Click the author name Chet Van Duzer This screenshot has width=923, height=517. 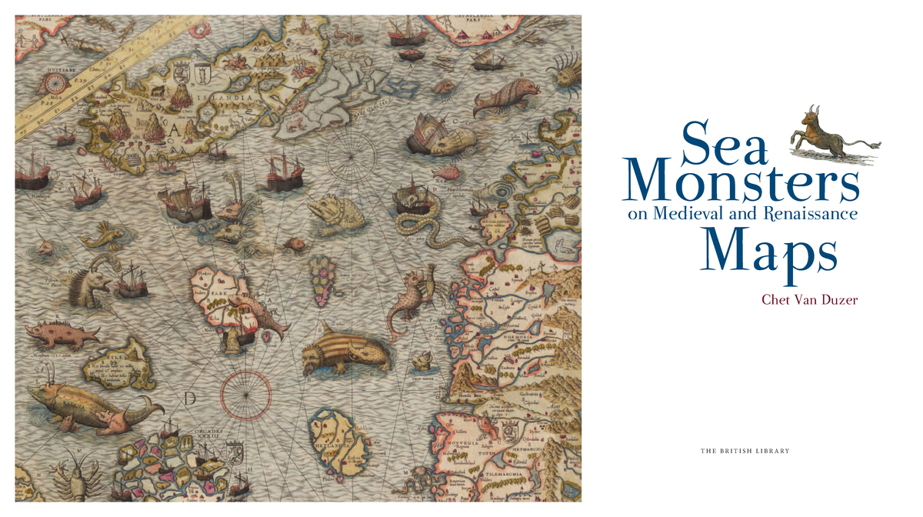808,299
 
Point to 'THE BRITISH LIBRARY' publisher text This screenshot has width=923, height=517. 745,451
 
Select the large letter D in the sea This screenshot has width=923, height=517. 190,399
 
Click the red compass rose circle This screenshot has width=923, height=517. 245,394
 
